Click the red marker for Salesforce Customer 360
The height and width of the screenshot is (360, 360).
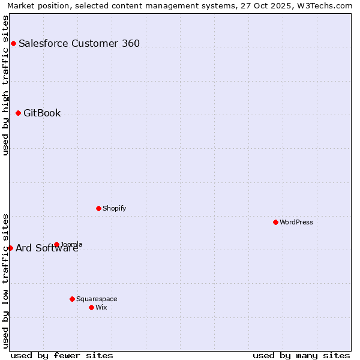(x=13, y=43)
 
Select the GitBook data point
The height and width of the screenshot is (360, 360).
(x=18, y=113)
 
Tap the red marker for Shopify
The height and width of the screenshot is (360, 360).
(x=98, y=208)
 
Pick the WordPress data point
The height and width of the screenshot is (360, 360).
(x=275, y=222)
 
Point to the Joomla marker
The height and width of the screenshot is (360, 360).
(x=56, y=244)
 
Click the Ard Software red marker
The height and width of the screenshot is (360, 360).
(x=10, y=248)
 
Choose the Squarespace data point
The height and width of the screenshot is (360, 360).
(x=72, y=299)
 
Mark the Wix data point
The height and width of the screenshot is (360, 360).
(x=91, y=307)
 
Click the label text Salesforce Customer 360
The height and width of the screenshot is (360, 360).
(x=79, y=43)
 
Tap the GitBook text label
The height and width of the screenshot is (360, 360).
(x=42, y=113)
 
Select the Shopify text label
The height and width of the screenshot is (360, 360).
(x=114, y=208)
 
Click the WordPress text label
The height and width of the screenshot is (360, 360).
(x=296, y=222)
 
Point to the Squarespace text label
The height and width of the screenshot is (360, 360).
(x=97, y=299)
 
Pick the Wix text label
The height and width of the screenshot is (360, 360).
(x=101, y=307)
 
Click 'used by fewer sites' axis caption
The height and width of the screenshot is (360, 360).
(x=62, y=355)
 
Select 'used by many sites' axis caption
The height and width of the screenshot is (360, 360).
(x=301, y=355)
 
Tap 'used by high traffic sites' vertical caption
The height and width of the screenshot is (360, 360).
(x=5, y=85)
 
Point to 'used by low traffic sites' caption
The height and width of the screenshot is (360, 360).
(x=5, y=281)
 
